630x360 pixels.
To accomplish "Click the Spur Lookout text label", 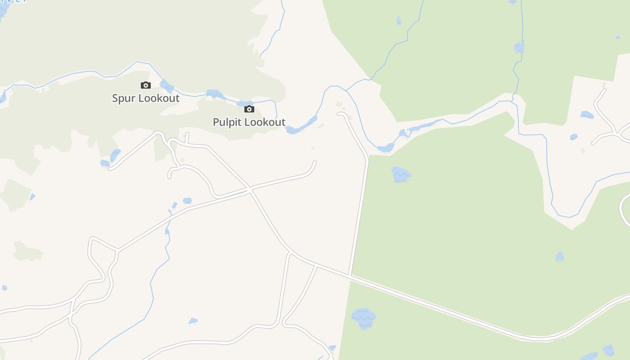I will (146, 98).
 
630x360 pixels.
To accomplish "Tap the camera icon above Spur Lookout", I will (145, 85).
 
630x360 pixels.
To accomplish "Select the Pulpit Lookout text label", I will (249, 122).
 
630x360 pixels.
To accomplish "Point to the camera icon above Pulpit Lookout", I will (249, 109).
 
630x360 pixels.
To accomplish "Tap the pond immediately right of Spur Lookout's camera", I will (166, 85).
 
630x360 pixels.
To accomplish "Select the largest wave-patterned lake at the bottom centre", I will (363, 318).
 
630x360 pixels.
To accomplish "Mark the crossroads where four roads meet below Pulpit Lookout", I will (249, 190).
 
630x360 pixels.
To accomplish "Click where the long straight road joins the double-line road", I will (350, 275).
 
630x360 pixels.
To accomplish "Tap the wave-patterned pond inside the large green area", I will (400, 174).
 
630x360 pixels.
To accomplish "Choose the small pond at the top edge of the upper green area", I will (399, 20).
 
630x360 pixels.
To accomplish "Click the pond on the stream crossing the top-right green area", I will (519, 47).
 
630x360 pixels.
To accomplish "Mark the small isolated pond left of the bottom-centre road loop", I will (193, 321).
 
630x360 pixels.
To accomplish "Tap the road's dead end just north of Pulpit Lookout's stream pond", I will (339, 114).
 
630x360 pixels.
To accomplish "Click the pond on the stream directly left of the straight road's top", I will (386, 148).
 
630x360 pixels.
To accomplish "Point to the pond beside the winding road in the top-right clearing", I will (587, 115).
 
